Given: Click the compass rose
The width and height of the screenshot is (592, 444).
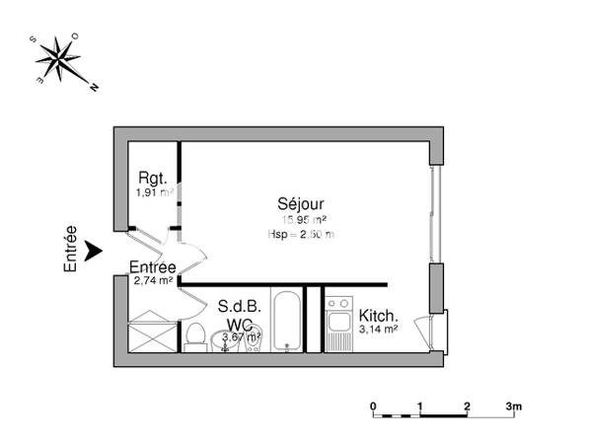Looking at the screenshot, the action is click(x=62, y=61).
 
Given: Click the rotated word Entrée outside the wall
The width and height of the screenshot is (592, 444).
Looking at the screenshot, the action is click(x=70, y=250).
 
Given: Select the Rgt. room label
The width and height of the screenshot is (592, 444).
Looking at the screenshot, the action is click(x=152, y=178).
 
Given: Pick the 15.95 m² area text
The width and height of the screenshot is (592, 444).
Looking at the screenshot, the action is click(x=304, y=220).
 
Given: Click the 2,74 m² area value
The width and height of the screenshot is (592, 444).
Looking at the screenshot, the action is click(x=153, y=281).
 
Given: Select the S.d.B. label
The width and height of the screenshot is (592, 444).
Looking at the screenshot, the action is click(x=240, y=307).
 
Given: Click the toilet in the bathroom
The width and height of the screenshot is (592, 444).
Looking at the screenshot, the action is click(x=194, y=335).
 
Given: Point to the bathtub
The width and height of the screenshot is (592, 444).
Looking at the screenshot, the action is click(x=288, y=321).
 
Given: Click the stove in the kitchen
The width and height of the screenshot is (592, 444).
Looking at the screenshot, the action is click(x=338, y=322).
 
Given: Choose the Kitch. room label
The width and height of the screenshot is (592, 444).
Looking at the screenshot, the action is click(x=379, y=317).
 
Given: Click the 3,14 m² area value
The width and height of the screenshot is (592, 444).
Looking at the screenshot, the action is click(x=378, y=331).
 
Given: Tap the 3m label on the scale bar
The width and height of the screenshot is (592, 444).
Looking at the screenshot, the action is click(x=513, y=406).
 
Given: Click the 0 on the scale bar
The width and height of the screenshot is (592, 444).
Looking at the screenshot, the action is click(x=373, y=406).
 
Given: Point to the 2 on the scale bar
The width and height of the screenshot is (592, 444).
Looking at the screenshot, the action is click(x=466, y=406).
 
